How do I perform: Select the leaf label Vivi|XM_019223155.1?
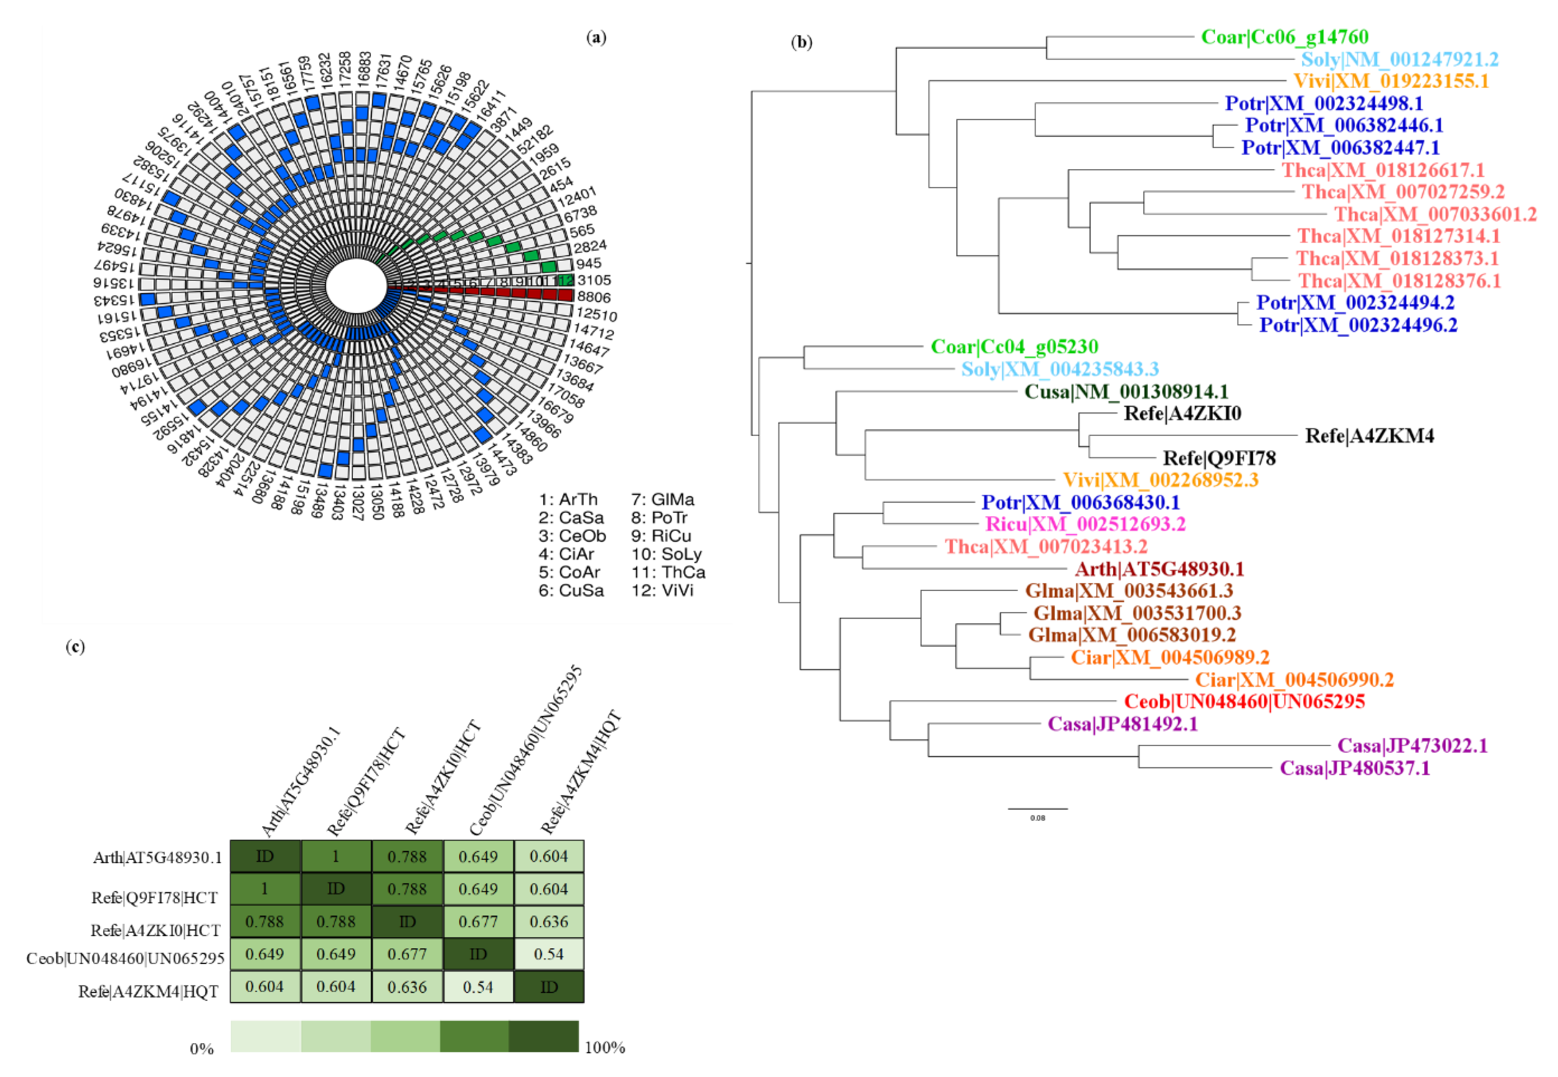pyautogui.click(x=1391, y=81)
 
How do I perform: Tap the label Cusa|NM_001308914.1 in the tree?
pyautogui.click(x=1126, y=391)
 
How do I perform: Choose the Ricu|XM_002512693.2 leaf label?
pyautogui.click(x=1085, y=524)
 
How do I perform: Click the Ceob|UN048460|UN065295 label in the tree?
pyautogui.click(x=1244, y=702)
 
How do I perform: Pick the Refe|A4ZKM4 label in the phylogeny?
pyautogui.click(x=1369, y=436)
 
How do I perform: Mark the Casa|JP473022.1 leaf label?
pyautogui.click(x=1412, y=746)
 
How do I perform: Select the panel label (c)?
pyautogui.click(x=75, y=647)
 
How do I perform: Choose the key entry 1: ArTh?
pyautogui.click(x=568, y=499)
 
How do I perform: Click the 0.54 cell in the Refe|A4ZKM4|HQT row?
pyautogui.click(x=478, y=987)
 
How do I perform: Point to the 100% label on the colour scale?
pyautogui.click(x=605, y=1047)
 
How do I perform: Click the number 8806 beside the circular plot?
pyautogui.click(x=594, y=297)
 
